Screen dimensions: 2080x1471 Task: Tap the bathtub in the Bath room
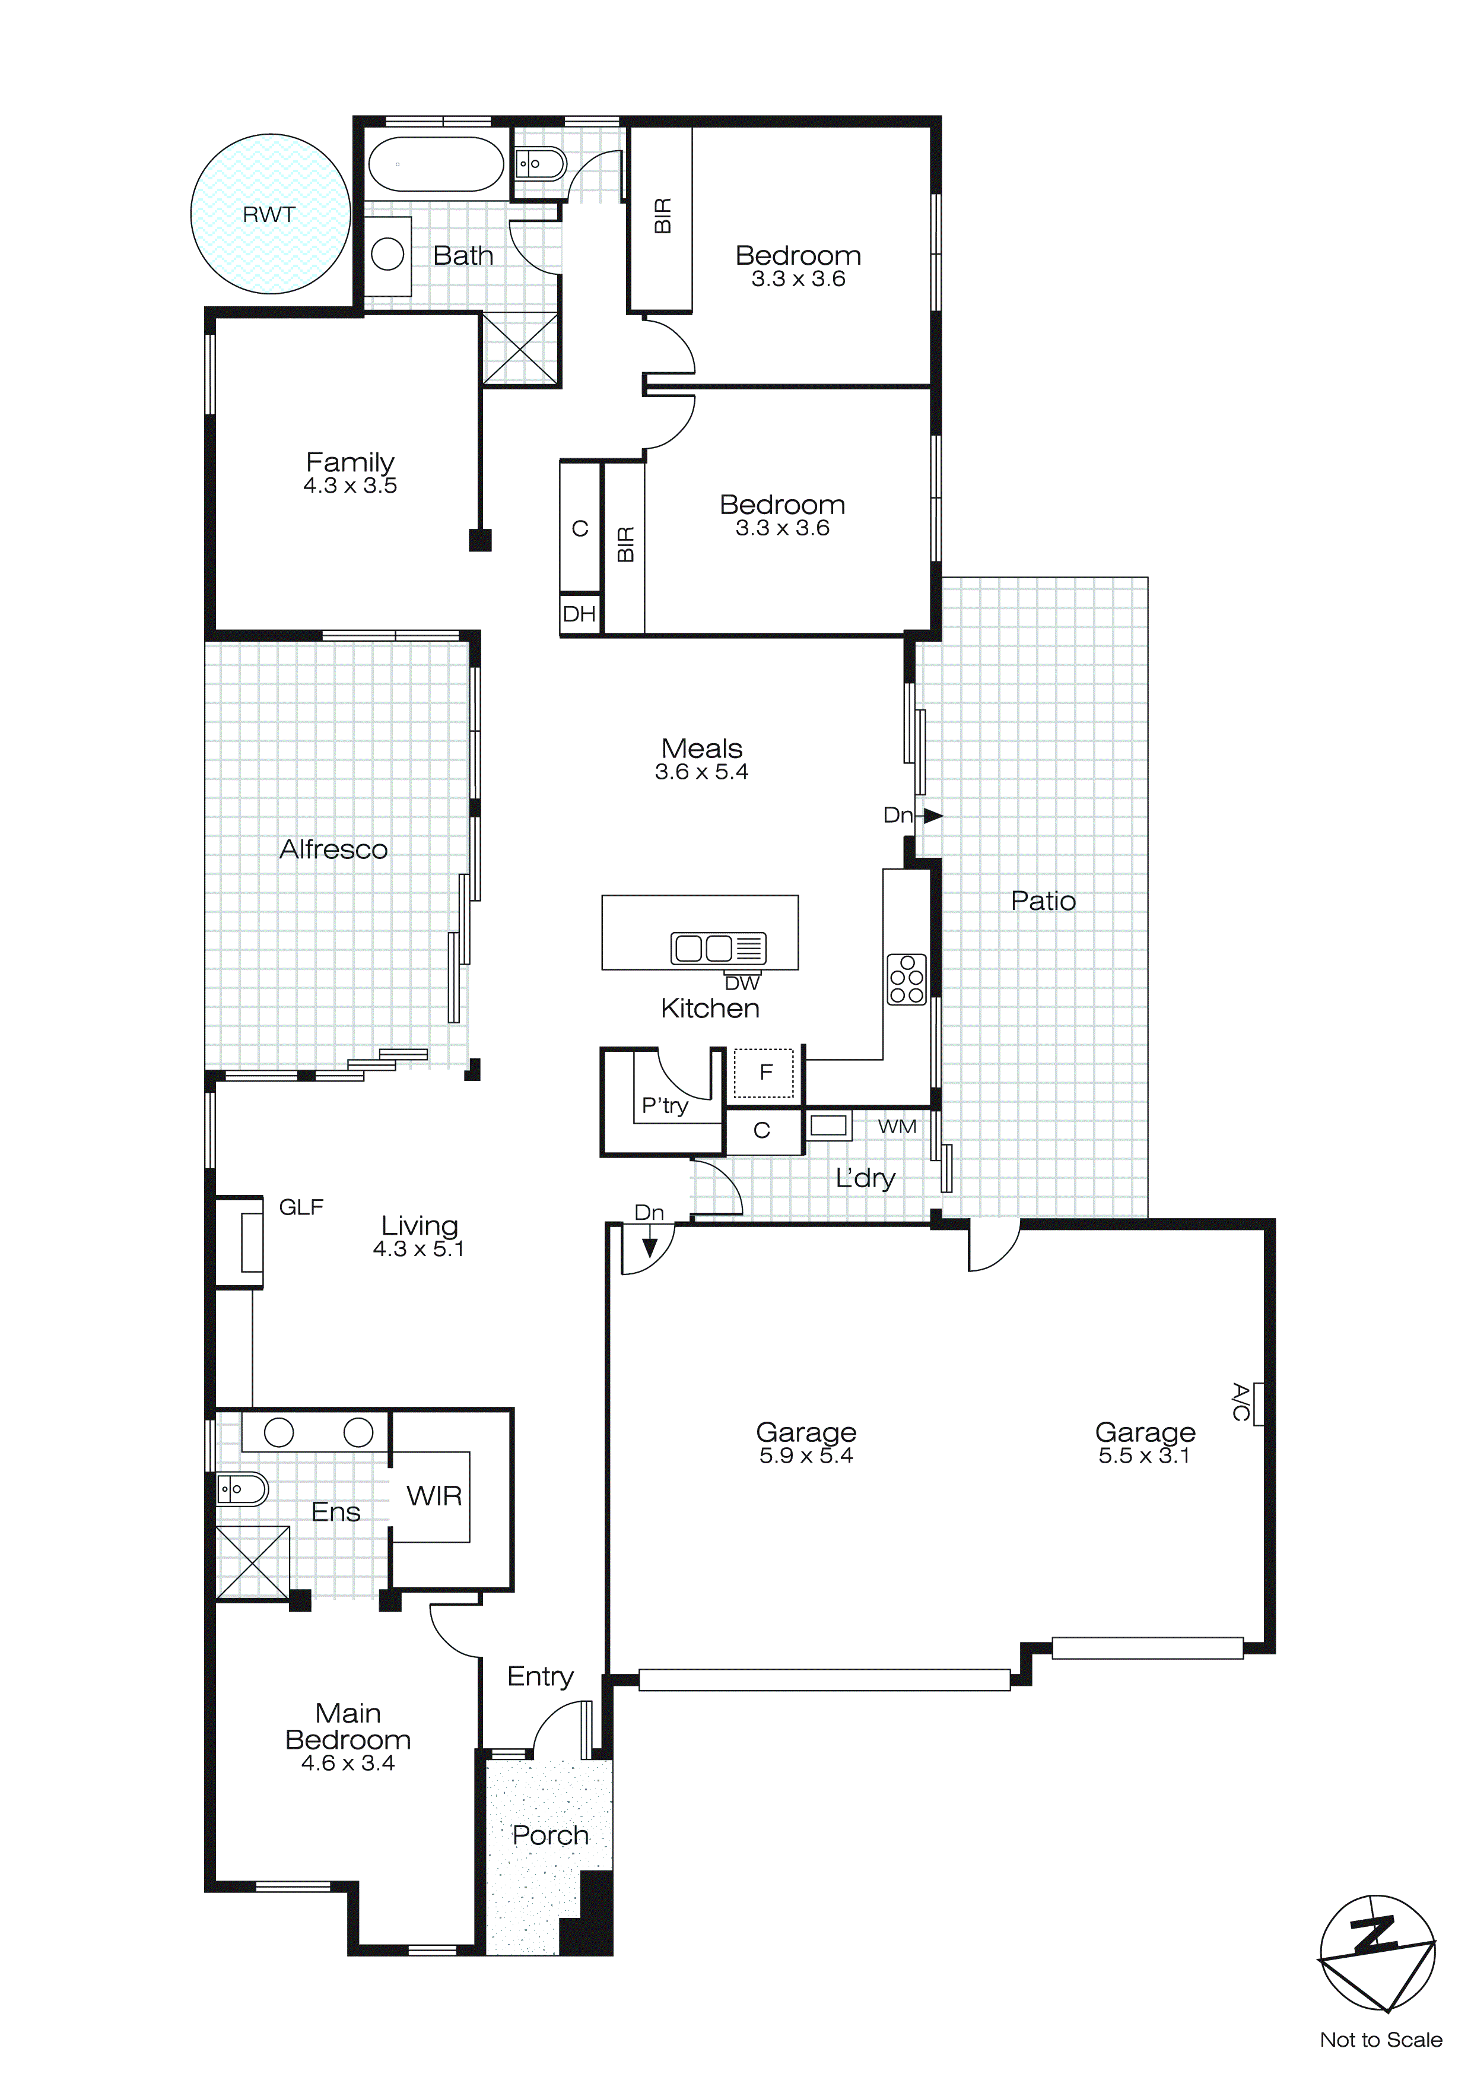click(436, 164)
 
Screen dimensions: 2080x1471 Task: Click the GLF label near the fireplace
click(301, 1207)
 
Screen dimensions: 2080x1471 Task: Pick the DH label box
click(580, 614)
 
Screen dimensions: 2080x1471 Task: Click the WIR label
click(434, 1496)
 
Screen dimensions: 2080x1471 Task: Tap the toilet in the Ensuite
click(242, 1488)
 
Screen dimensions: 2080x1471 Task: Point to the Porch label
click(550, 1835)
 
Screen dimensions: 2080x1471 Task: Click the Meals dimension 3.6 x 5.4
click(701, 772)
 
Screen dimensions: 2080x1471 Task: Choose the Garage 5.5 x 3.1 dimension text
click(1144, 1456)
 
